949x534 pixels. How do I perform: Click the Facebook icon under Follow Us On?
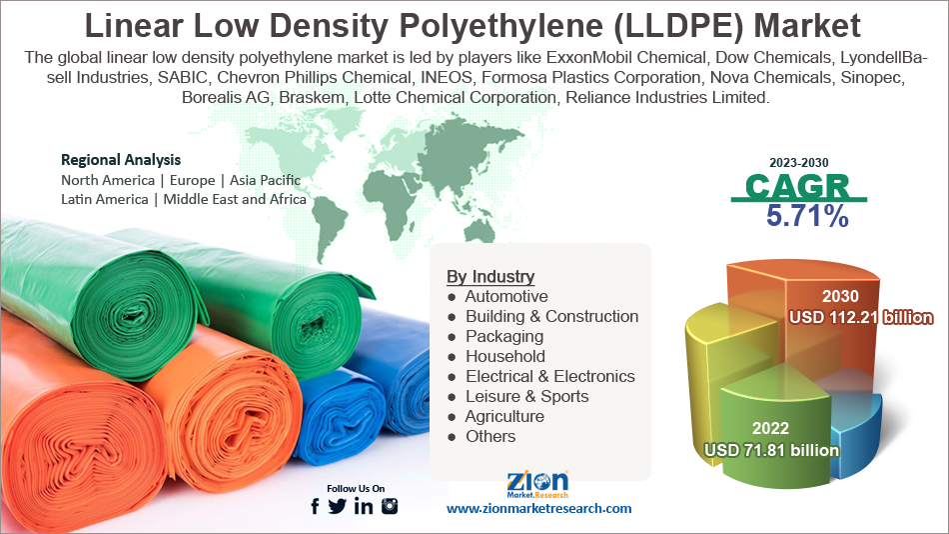pos(316,506)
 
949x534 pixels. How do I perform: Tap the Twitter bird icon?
pos(338,506)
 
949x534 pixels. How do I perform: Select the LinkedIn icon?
pos(364,506)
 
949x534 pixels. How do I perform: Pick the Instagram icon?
pos(390,506)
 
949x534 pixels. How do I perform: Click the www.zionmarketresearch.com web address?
pos(538,509)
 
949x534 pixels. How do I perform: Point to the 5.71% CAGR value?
pos(807,215)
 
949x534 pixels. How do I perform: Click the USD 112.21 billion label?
pos(860,318)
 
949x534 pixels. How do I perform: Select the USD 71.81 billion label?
pos(771,450)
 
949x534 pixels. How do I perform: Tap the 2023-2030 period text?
pos(798,162)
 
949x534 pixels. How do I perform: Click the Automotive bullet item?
pos(505,297)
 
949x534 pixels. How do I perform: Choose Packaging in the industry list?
pos(503,337)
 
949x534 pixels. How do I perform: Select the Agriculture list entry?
pos(504,417)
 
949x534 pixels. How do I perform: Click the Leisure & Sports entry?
pos(526,397)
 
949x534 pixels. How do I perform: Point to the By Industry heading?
pos(490,277)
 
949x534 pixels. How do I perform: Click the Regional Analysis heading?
pos(121,160)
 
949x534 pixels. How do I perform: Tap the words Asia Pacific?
pos(266,181)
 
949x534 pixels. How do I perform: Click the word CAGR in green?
pos(798,186)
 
